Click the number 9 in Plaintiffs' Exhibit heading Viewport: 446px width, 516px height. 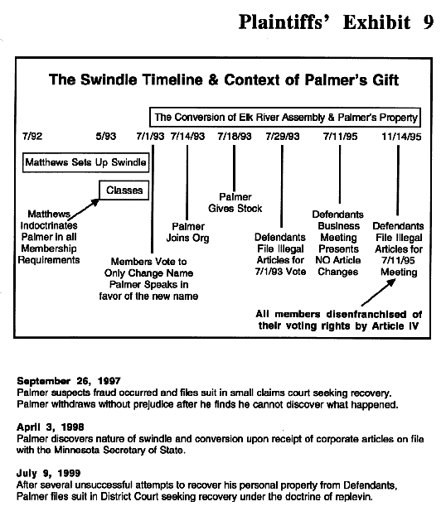click(x=428, y=22)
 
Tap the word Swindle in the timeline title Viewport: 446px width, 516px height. click(x=109, y=80)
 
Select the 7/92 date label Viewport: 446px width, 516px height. click(x=32, y=136)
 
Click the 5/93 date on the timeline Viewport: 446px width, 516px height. click(x=106, y=136)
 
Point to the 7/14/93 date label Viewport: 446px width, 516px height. click(x=187, y=136)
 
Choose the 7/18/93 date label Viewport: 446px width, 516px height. click(x=235, y=136)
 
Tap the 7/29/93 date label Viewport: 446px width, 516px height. click(x=283, y=136)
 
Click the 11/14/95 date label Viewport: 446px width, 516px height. click(x=401, y=137)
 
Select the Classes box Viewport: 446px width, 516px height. click(x=124, y=190)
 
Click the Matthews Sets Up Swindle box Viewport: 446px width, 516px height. click(x=85, y=162)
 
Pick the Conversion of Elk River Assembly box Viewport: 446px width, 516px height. click(x=285, y=117)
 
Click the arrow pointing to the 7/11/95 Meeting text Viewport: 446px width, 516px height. click(x=378, y=292)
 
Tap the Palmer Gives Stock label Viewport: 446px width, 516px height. click(x=235, y=203)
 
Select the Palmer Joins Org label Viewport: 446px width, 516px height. click(x=187, y=232)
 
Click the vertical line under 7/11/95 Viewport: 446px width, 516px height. click(x=340, y=175)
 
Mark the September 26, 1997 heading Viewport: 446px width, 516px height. click(x=69, y=381)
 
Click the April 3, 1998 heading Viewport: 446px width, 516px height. click(x=50, y=427)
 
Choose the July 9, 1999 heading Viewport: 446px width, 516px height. click(x=48, y=473)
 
